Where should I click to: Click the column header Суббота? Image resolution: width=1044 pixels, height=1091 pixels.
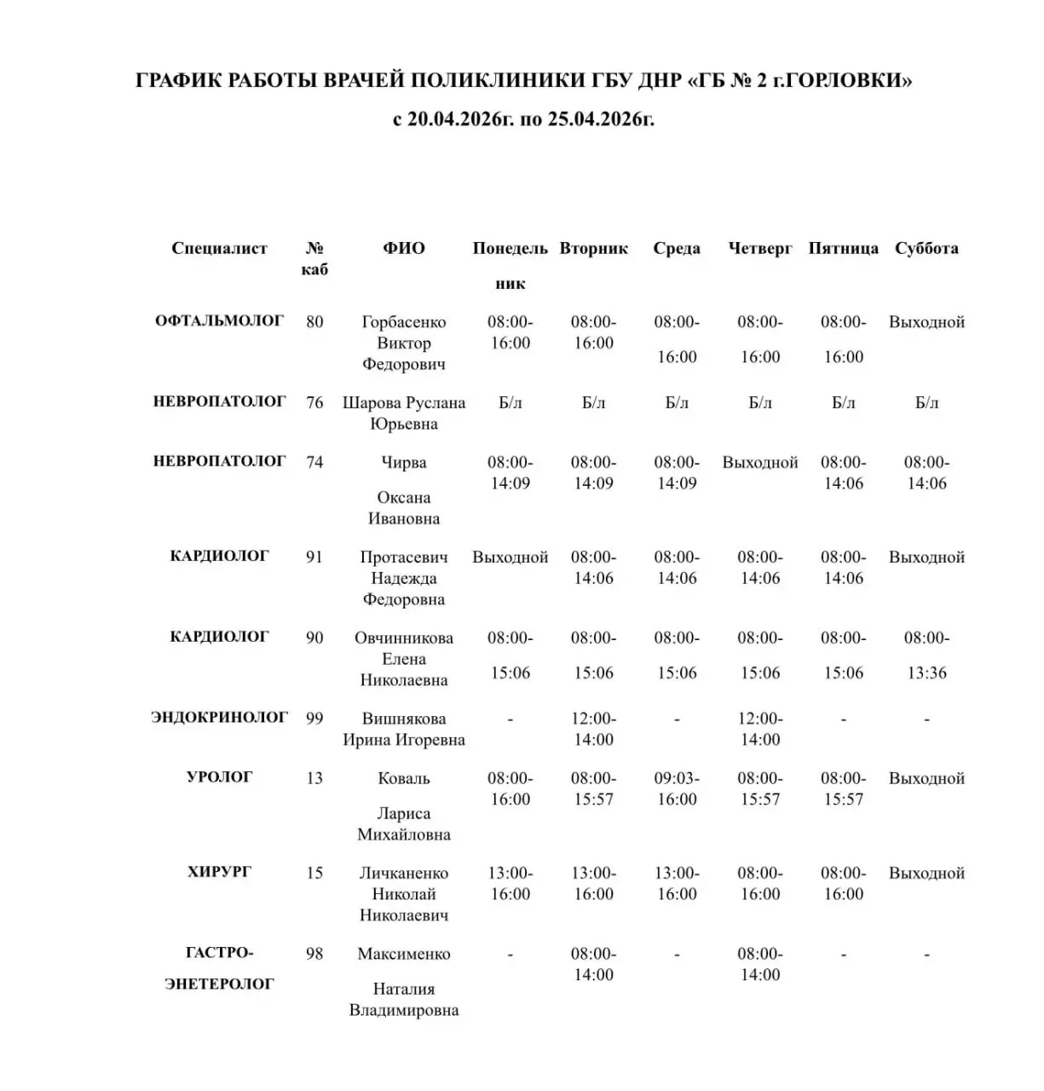click(926, 248)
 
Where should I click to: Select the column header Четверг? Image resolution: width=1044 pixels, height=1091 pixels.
click(759, 248)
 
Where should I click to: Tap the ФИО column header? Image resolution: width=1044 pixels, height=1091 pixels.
click(403, 248)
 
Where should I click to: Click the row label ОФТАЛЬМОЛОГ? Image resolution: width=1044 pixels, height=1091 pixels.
click(219, 321)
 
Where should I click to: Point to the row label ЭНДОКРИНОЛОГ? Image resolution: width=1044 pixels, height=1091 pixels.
click(219, 718)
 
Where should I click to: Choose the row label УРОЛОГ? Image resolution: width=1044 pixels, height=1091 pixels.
click(219, 777)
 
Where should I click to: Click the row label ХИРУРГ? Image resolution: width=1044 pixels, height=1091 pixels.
click(219, 872)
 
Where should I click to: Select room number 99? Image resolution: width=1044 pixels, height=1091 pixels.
click(314, 719)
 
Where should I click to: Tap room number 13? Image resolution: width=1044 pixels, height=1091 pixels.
click(314, 778)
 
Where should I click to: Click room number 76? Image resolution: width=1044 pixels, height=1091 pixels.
click(314, 402)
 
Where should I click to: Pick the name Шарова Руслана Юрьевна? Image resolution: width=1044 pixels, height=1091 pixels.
click(404, 413)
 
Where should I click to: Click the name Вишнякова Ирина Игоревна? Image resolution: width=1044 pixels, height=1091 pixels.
click(404, 729)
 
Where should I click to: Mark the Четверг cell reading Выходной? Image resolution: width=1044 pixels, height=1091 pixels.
click(759, 463)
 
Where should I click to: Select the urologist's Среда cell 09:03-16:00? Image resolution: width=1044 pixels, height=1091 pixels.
click(677, 788)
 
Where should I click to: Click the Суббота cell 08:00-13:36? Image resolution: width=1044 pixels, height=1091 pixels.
click(926, 655)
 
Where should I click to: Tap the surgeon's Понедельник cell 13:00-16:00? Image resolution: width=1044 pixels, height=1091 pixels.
click(510, 883)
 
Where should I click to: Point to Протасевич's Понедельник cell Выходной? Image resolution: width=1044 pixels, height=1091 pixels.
click(510, 557)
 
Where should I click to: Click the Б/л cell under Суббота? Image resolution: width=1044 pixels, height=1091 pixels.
click(926, 402)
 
